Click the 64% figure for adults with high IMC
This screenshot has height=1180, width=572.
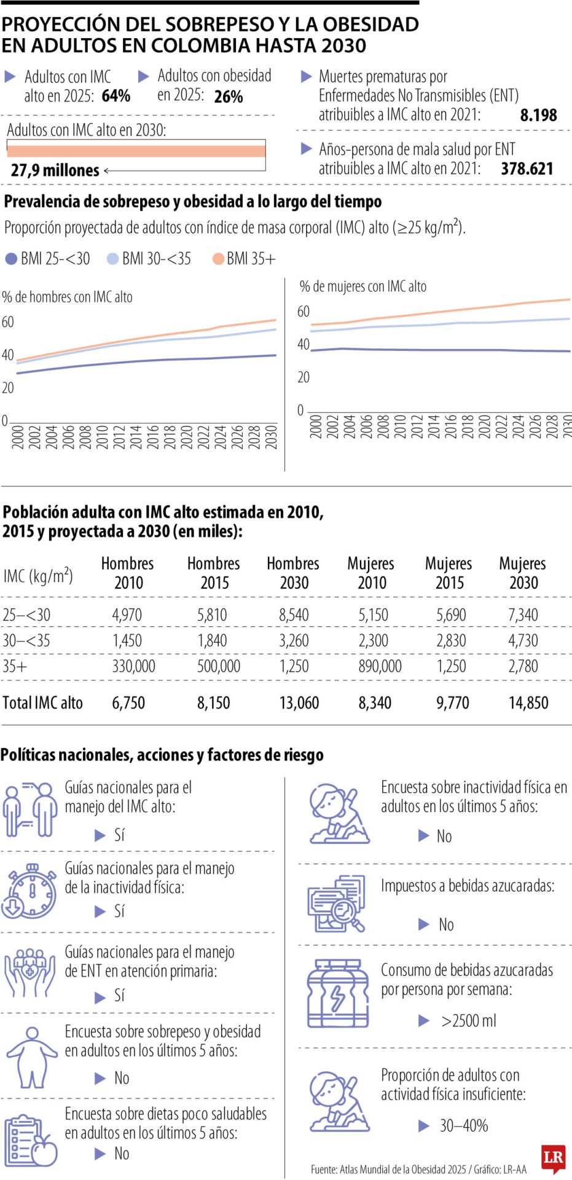tap(116, 96)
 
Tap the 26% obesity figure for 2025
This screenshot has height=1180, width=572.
tap(229, 97)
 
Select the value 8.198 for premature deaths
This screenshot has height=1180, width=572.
tap(538, 115)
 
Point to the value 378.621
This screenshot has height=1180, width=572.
tap(527, 169)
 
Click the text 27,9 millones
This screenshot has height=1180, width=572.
tap(55, 170)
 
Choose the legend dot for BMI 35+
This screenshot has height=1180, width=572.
tap(218, 259)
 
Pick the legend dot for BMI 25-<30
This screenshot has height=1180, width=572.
tap(11, 259)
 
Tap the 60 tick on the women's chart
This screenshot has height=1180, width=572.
tap(304, 312)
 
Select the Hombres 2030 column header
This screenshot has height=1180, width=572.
tap(293, 573)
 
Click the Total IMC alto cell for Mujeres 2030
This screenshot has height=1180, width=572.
tap(528, 702)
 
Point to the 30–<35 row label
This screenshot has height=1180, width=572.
tap(26, 640)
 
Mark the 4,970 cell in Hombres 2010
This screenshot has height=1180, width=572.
tap(127, 615)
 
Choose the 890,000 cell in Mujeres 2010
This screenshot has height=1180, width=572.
tap(380, 666)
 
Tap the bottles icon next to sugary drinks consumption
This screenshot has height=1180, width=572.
tap(338, 994)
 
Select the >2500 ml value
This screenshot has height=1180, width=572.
tap(468, 1021)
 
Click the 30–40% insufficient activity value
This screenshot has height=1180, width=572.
tap(464, 1125)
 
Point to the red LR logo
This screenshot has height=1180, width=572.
tap(553, 1157)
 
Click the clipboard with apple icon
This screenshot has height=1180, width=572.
tap(31, 1141)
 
